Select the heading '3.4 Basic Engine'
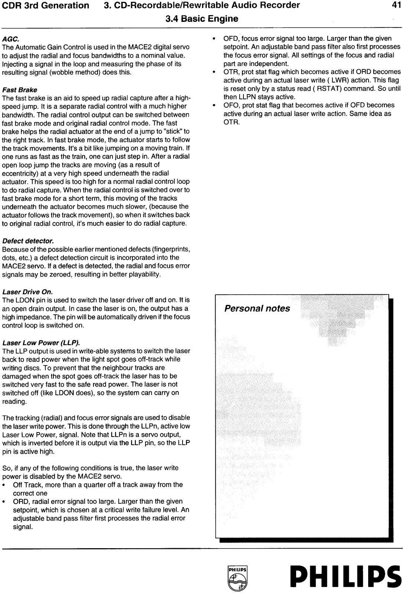click(201, 19)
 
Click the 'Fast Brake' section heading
click(20, 90)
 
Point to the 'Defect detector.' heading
click(28, 241)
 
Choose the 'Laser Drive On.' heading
click(27, 292)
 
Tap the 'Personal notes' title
click(257, 309)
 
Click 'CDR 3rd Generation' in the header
click(45, 5)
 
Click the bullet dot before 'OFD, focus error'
click(213, 39)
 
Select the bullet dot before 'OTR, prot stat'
click(213, 72)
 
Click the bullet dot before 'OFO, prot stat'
click(213, 106)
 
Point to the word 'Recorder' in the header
click(281, 5)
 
